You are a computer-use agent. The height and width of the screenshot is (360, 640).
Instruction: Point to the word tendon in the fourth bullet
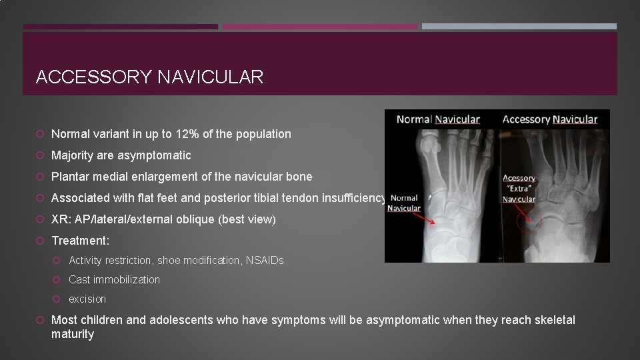pos(282,198)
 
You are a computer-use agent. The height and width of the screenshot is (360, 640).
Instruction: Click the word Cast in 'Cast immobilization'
pos(79,280)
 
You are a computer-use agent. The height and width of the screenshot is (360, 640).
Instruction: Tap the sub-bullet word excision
pos(87,299)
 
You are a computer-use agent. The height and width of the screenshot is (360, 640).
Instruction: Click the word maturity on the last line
pos(73,334)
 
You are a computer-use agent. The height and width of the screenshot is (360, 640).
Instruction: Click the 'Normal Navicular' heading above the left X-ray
pos(438,119)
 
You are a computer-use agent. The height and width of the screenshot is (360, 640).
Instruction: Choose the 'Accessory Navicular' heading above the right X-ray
pos(550,119)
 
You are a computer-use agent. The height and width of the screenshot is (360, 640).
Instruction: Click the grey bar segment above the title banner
pos(519,27)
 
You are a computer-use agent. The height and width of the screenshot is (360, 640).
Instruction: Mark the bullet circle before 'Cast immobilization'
pos(59,280)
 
